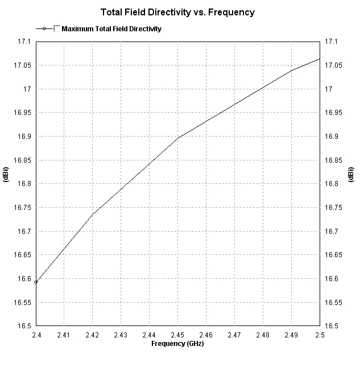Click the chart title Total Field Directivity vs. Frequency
[x=177, y=12]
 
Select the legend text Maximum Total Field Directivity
[x=111, y=28]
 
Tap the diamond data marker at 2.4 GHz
[x=36, y=282]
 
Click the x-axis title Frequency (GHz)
[x=177, y=344]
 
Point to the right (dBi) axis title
[x=351, y=175]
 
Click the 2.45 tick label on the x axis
[x=177, y=336]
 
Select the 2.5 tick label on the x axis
[x=319, y=336]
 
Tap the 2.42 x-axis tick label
[x=93, y=336]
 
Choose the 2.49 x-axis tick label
[x=291, y=336]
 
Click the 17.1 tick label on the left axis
[x=23, y=42]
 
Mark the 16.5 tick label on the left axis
[x=23, y=326]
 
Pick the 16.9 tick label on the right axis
[x=332, y=137]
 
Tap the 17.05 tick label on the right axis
[x=334, y=65]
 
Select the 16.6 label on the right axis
[x=332, y=279]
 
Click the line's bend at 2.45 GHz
[x=177, y=138]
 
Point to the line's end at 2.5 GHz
[x=320, y=59]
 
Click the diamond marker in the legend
[x=44, y=28]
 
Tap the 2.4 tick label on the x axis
[x=36, y=336]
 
